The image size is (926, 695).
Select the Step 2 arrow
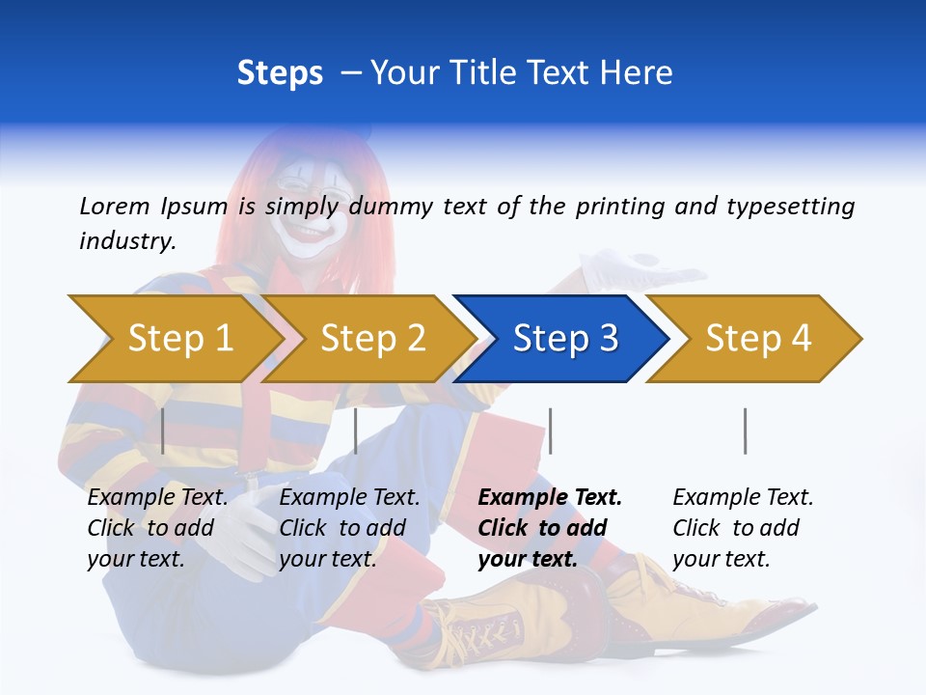(x=371, y=338)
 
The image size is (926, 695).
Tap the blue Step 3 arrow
(x=564, y=338)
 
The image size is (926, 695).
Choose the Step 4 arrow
(x=757, y=338)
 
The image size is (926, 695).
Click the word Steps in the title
(x=280, y=73)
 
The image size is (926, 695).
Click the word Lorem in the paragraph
(x=114, y=206)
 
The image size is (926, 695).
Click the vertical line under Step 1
(x=163, y=431)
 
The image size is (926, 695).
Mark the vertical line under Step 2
(x=356, y=431)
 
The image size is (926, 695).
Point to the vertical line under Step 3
(x=550, y=431)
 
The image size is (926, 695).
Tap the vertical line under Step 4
(x=745, y=431)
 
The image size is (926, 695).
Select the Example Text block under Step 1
(x=157, y=527)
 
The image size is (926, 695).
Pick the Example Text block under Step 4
(x=743, y=527)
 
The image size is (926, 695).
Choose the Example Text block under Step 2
(x=349, y=527)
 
